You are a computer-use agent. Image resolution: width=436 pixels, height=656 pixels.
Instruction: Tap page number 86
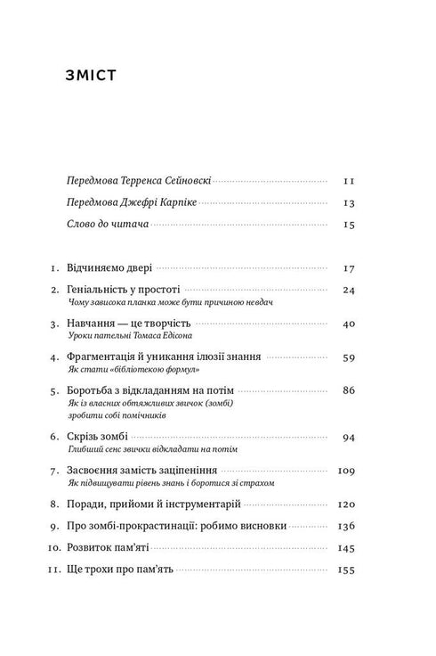coord(348,390)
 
